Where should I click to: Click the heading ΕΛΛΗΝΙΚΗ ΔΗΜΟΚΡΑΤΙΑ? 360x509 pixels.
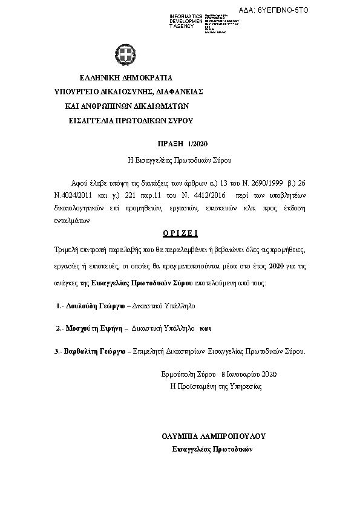[126, 78]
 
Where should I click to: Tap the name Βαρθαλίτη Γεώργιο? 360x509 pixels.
[95, 351]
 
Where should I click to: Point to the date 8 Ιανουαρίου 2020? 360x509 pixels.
[249, 375]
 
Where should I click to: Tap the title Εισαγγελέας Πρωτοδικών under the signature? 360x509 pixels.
[212, 449]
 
